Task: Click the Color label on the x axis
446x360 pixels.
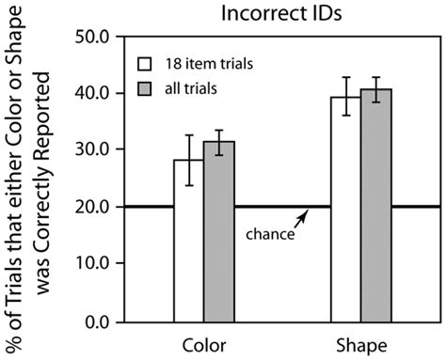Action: tap(204, 345)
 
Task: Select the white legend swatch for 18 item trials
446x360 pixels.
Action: tap(146, 65)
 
